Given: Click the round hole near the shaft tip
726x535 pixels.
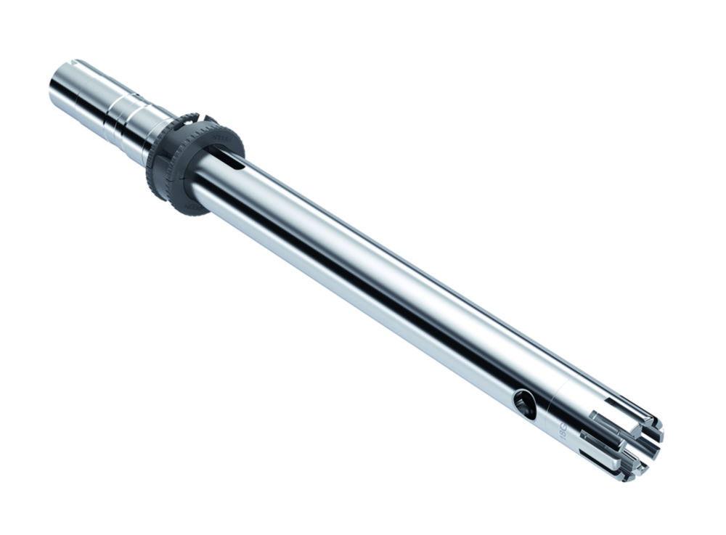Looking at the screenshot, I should click(524, 404).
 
